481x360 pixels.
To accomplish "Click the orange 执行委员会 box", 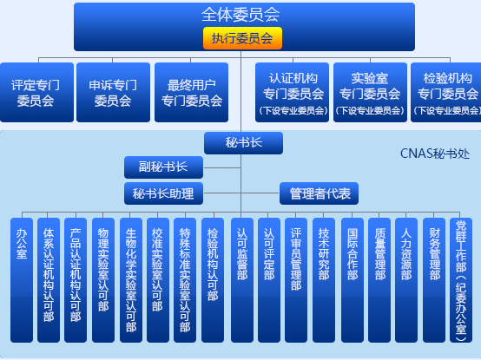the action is pyautogui.click(x=242, y=38).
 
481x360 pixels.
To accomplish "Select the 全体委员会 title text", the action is pyautogui.click(x=240, y=15).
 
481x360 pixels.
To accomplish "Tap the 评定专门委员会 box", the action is pyautogui.click(x=36, y=93).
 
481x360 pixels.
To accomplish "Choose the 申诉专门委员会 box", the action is pyautogui.click(x=113, y=93).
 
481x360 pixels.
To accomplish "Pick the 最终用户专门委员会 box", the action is pyautogui.click(x=191, y=93).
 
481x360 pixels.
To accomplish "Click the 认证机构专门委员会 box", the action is pyautogui.click(x=292, y=93).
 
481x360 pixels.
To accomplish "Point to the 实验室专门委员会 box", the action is pyautogui.click(x=370, y=93).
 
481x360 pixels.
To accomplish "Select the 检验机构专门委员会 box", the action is pyautogui.click(x=446, y=93).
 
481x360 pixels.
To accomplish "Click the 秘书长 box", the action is pyautogui.click(x=244, y=143).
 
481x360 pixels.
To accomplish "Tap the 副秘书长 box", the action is pyautogui.click(x=163, y=167).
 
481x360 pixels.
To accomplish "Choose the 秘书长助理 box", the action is pyautogui.click(x=163, y=193).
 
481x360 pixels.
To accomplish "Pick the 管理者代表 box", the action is pyautogui.click(x=319, y=193).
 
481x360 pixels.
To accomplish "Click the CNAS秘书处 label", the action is pyautogui.click(x=435, y=154).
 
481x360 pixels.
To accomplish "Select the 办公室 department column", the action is pyautogui.click(x=22, y=280).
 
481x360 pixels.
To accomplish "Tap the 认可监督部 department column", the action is pyautogui.click(x=242, y=280).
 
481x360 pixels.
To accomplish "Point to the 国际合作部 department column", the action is pyautogui.click(x=353, y=280).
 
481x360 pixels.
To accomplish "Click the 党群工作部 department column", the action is pyautogui.click(x=461, y=280).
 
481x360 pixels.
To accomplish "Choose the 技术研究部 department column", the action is pyautogui.click(x=324, y=280).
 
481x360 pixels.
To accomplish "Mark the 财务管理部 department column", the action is pyautogui.click(x=434, y=280).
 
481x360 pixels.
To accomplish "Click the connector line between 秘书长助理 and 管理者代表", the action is pyautogui.click(x=241, y=193).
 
